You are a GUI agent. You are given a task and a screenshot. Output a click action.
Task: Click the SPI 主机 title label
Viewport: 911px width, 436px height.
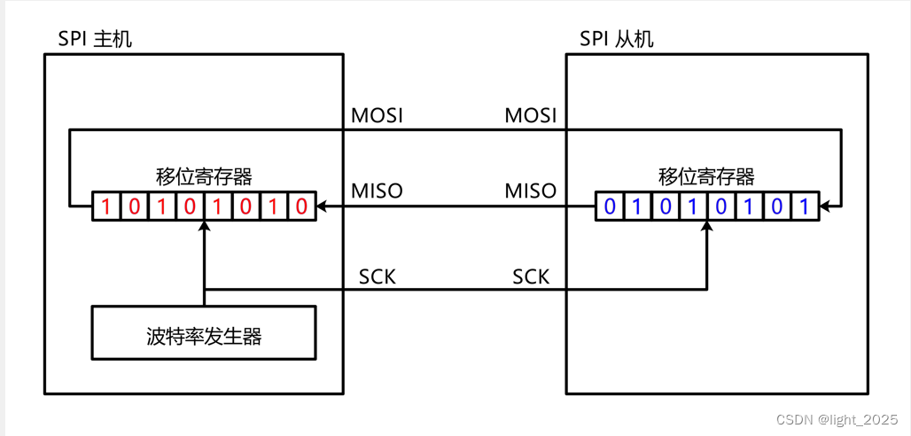95,39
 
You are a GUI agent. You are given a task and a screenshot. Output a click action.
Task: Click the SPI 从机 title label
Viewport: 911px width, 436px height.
617,39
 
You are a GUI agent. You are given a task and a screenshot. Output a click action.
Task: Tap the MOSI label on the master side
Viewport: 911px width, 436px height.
377,116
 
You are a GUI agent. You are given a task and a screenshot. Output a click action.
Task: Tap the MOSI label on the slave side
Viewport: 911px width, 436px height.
530,116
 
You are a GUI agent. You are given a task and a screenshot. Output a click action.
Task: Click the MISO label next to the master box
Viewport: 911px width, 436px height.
377,191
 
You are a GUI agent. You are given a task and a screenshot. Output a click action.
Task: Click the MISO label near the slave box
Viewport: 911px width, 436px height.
530,191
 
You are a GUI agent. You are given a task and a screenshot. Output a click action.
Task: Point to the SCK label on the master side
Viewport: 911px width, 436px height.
378,276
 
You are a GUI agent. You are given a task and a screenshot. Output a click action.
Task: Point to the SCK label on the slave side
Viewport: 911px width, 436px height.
531,276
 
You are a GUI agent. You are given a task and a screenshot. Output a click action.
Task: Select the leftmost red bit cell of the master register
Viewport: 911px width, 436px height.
106,207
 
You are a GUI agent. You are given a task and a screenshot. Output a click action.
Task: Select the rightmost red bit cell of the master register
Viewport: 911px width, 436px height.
301,207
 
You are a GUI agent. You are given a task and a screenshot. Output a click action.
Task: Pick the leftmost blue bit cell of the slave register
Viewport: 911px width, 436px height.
609,207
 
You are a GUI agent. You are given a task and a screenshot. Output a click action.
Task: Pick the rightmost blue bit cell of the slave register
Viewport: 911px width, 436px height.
804,207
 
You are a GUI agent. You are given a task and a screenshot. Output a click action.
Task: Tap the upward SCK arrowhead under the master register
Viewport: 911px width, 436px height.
204,227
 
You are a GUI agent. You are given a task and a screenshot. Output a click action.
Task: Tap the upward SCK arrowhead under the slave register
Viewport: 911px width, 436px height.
707,227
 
